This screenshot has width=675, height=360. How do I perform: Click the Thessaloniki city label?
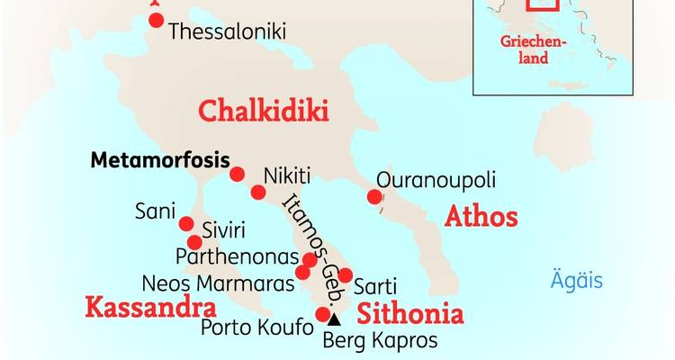coord(227,31)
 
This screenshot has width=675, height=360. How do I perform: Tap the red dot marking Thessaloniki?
coord(157,20)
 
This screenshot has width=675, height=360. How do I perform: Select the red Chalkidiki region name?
coord(263,112)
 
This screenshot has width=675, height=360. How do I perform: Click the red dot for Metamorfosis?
coord(238,174)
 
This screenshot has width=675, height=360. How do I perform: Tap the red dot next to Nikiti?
coord(258,192)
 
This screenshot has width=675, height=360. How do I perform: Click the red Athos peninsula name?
coord(481,217)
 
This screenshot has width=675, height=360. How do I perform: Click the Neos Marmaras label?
coord(218,283)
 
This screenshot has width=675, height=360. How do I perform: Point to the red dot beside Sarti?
coord(346,274)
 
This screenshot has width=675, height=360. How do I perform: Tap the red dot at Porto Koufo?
coord(323,314)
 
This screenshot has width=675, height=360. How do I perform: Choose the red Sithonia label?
coord(410,314)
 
